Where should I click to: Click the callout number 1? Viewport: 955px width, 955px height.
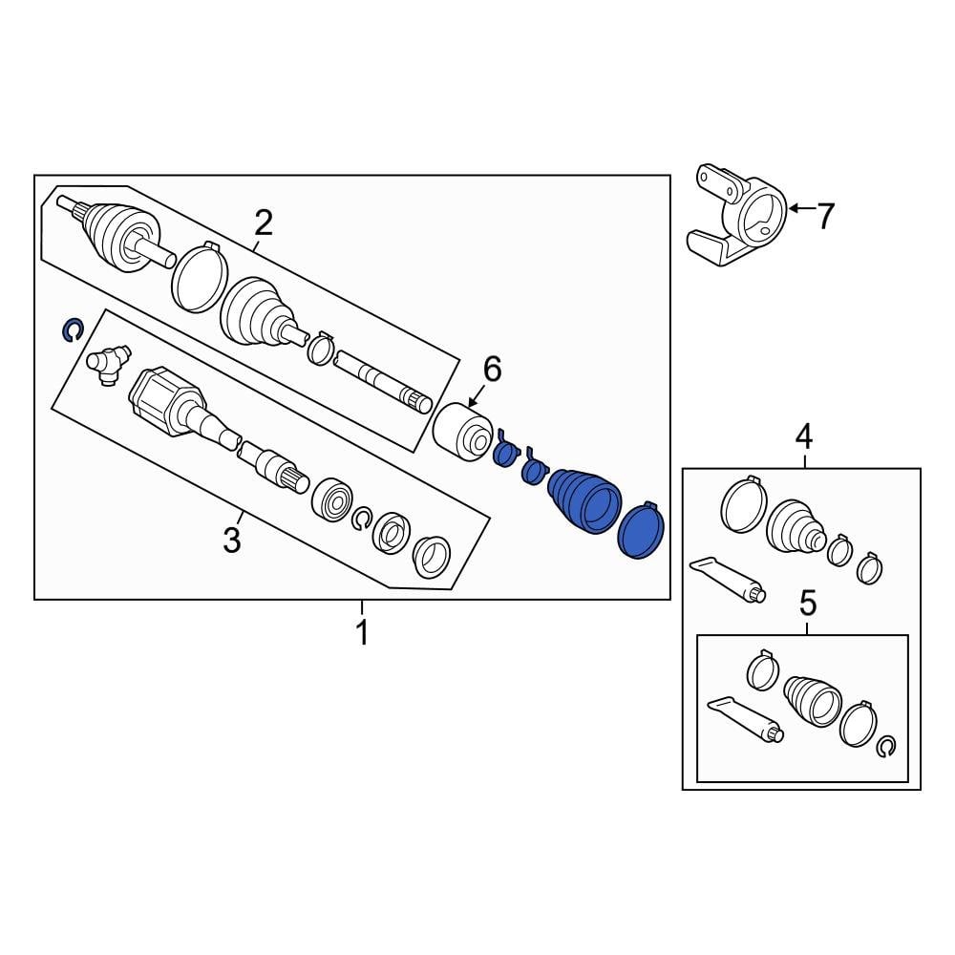tap(361, 632)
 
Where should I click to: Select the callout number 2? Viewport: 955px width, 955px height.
tap(263, 223)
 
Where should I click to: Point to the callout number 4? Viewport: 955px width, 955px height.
tap(804, 437)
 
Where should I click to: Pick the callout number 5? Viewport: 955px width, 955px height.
tap(808, 603)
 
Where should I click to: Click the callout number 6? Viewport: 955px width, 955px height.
tap(491, 369)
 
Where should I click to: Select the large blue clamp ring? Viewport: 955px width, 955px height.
tap(641, 531)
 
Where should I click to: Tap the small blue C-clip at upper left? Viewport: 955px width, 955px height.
tap(71, 330)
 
